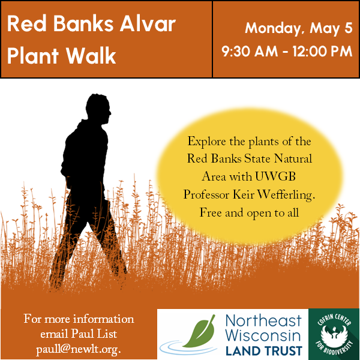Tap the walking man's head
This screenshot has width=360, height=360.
coord(100,115)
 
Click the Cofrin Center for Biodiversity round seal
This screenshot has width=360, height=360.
coord(334,334)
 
